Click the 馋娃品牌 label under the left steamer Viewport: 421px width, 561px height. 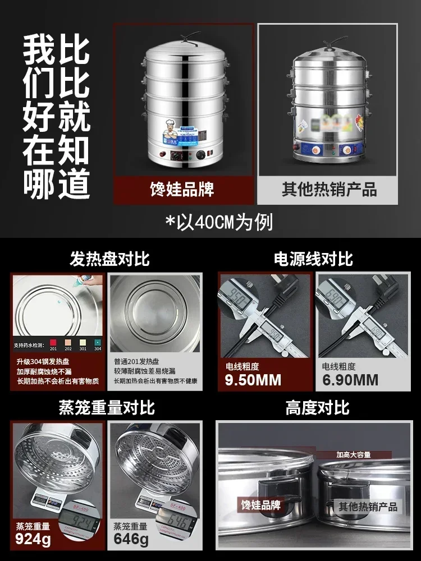182,189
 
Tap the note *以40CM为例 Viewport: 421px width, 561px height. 219,222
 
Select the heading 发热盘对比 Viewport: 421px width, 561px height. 109,259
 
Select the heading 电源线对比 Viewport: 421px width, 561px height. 313,259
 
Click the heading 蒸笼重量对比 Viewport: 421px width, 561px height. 107,407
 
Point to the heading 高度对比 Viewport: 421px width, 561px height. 317,407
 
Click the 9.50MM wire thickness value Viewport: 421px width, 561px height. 253,380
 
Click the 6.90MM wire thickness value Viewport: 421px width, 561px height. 350,380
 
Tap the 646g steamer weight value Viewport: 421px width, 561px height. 131,540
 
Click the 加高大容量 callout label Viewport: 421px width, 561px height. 354,454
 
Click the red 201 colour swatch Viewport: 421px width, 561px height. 53,342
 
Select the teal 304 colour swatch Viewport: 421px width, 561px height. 98,342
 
